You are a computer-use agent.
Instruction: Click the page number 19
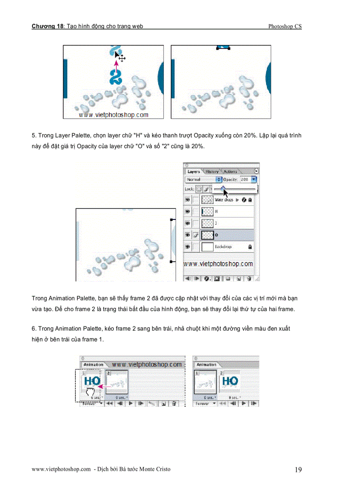click(298, 470)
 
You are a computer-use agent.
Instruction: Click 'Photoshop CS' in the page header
click(285, 26)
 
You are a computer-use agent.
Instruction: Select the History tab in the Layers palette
click(212, 171)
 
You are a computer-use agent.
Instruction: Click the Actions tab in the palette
click(230, 171)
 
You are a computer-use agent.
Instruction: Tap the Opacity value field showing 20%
click(245, 180)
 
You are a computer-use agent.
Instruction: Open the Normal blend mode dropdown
click(203, 180)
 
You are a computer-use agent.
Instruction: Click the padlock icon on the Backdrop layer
click(250, 247)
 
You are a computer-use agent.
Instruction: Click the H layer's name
click(216, 212)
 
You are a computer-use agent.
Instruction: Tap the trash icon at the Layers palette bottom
click(249, 279)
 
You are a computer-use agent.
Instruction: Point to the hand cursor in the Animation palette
click(90, 392)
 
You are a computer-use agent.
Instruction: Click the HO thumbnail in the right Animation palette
click(229, 381)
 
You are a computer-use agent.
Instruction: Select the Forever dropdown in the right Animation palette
click(205, 403)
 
